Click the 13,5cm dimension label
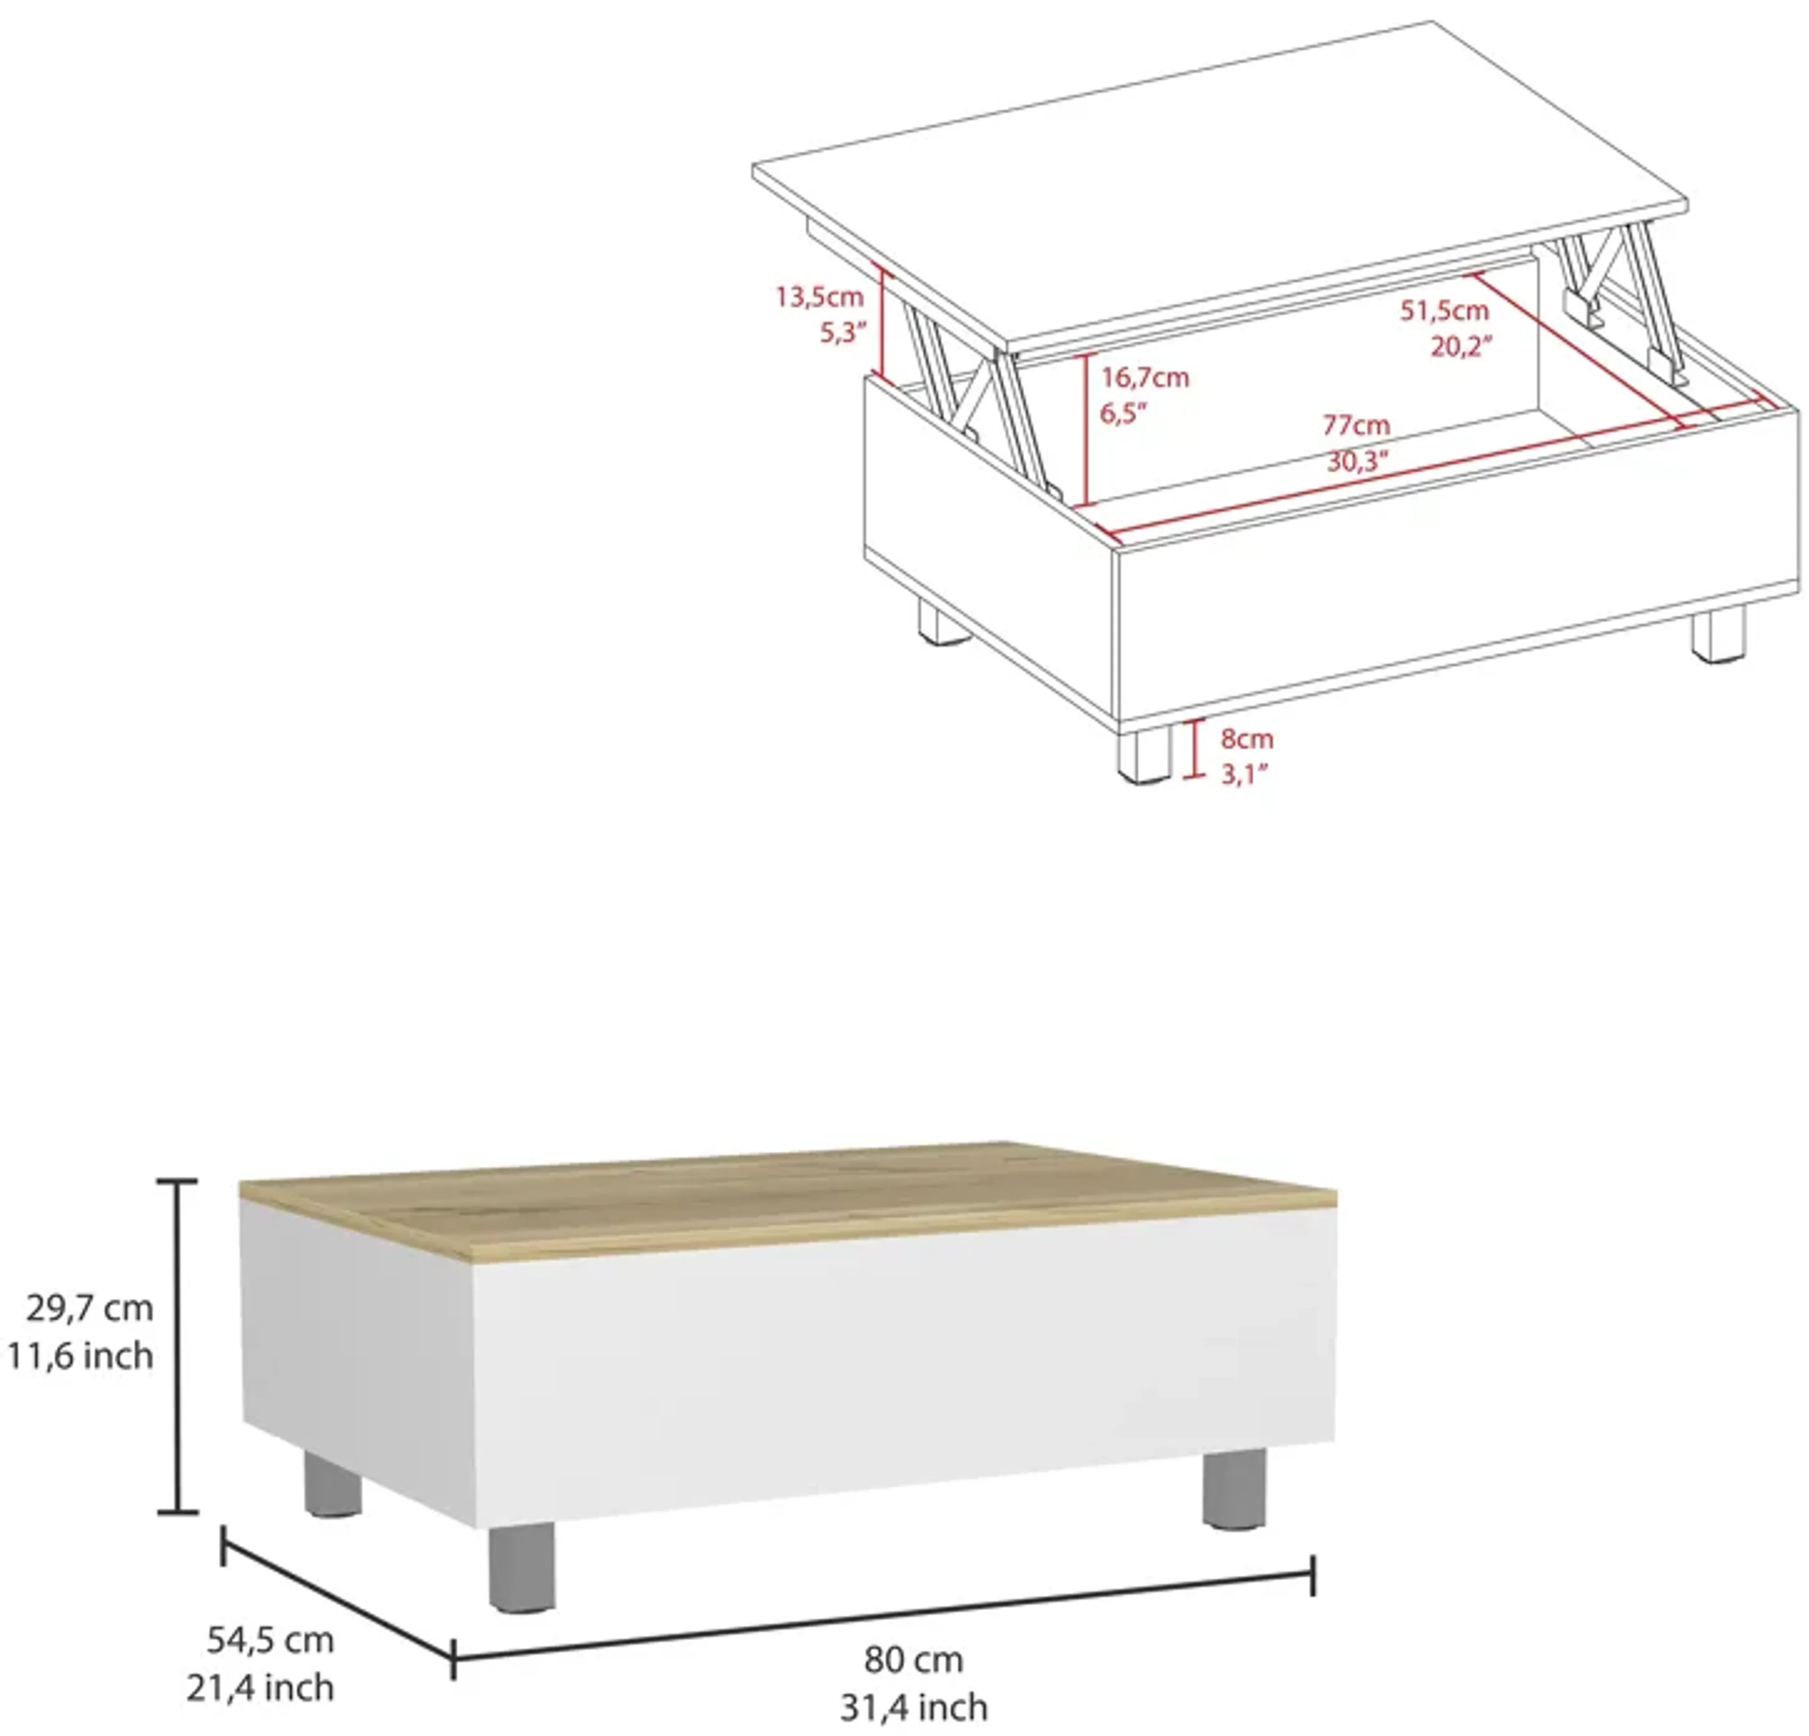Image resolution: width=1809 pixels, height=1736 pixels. point(819,297)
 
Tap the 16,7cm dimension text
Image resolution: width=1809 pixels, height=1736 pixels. point(1144,377)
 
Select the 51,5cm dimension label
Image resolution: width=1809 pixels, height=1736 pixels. point(1444,311)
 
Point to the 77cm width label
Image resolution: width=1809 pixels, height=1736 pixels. point(1356,425)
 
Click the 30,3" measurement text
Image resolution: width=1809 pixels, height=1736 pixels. point(1357,461)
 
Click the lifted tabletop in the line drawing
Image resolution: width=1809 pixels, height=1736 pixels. point(1218,185)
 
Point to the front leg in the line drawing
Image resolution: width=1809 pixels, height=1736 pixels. point(1144,752)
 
